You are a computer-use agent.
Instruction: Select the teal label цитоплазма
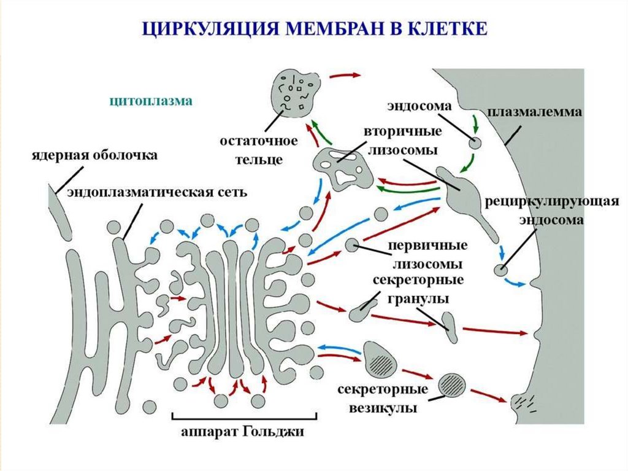click(x=151, y=101)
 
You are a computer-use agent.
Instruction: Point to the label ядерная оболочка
click(x=95, y=155)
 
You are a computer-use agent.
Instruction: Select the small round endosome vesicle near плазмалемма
click(x=476, y=144)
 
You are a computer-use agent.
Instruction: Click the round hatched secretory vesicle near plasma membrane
click(x=452, y=384)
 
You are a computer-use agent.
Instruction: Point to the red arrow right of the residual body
click(x=345, y=76)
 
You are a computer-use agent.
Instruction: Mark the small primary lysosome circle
click(x=352, y=244)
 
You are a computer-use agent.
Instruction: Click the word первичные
click(x=428, y=246)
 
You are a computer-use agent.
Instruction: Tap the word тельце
click(x=259, y=160)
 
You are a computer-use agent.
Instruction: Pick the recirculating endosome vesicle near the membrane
click(x=502, y=269)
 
